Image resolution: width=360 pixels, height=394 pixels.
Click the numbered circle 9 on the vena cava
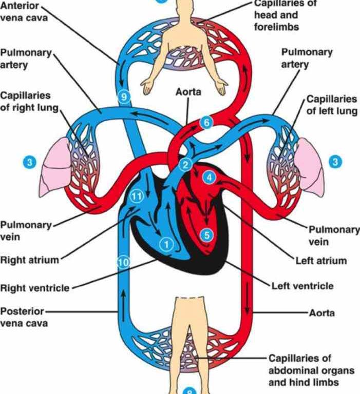pos(124,97)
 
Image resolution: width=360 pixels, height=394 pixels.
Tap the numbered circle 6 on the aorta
pos(206,123)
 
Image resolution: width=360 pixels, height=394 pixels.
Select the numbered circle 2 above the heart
pos(186,165)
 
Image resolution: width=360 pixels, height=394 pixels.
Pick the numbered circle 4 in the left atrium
pos(210,178)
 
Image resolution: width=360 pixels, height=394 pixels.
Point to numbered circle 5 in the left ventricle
pos(207,235)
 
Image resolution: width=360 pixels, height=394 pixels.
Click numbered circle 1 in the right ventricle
pos(166,244)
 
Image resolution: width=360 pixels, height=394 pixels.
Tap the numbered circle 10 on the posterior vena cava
pos(124,263)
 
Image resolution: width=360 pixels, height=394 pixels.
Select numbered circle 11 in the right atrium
pos(137,196)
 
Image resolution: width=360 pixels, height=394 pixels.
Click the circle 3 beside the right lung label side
pos(30,162)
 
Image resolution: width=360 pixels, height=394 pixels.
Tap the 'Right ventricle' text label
pos(35,288)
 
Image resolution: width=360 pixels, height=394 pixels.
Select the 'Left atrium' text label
pos(321,261)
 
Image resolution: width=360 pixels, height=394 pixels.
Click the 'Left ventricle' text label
pos(302,286)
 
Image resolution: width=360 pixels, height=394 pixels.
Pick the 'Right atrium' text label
pos(29,260)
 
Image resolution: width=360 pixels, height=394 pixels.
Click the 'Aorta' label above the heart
pos(188,92)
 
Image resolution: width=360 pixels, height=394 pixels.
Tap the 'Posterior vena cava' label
pos(24,317)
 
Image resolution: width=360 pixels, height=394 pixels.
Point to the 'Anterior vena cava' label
pos(24,11)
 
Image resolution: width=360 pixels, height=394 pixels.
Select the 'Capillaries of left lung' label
pos(332,105)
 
